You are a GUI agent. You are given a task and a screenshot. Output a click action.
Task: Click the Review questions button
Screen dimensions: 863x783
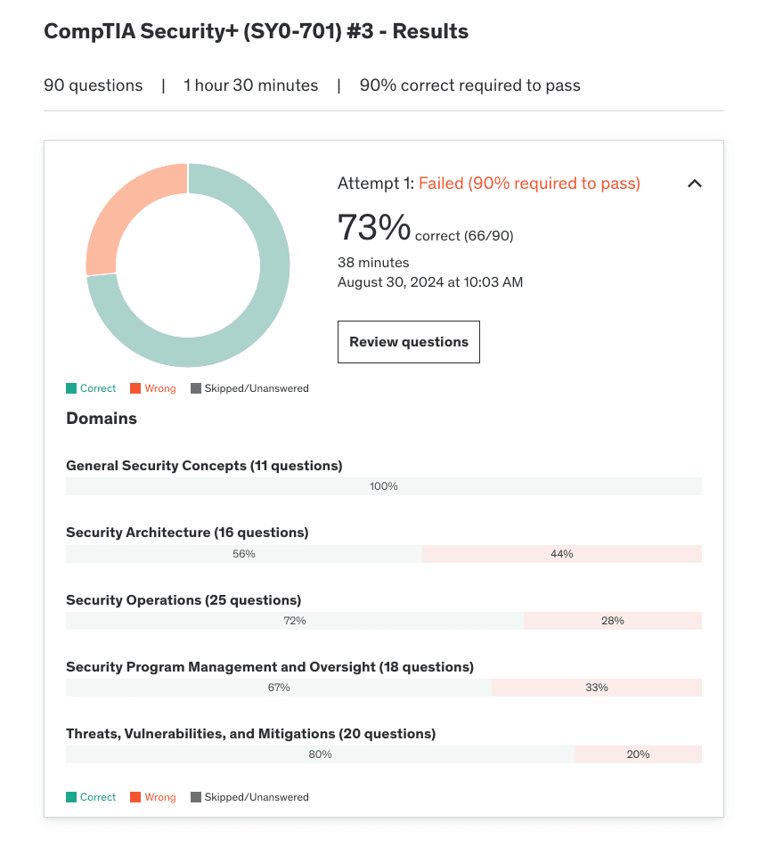point(408,342)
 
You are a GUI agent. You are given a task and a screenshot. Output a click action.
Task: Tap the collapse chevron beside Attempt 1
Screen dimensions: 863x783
point(695,183)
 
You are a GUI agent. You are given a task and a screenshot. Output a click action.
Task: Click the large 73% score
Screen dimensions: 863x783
point(373,227)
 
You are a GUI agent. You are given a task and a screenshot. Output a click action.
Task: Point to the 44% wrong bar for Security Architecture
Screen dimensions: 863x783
point(561,554)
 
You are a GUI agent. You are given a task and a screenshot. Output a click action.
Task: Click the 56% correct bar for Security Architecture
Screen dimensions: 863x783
point(243,554)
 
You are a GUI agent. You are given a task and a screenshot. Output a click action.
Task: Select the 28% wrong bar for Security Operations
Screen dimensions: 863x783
point(612,621)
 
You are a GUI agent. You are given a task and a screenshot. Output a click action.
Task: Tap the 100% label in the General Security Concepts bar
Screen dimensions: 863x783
point(384,486)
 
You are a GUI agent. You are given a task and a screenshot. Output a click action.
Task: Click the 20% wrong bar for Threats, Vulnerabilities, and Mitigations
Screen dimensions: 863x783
point(638,754)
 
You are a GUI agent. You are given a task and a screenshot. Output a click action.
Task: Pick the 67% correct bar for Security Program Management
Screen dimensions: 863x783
point(278,688)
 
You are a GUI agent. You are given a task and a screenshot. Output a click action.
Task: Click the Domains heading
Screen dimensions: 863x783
point(102,419)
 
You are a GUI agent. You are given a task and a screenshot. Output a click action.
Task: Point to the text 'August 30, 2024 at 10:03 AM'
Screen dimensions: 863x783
point(430,282)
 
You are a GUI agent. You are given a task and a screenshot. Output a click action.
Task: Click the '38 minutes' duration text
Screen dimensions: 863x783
point(373,263)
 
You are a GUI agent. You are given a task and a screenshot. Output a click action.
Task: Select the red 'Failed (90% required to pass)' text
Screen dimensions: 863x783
point(529,183)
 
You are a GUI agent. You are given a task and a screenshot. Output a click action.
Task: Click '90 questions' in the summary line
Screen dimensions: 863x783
point(94,85)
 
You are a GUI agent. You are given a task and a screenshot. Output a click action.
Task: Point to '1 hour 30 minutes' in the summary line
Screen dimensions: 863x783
point(250,85)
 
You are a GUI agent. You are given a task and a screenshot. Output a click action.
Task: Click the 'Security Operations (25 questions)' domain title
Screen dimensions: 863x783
point(184,600)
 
